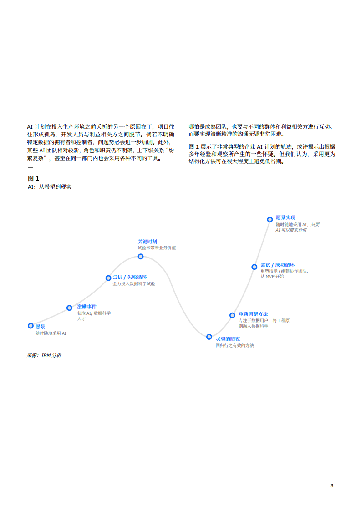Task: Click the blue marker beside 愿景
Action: pos(31,326)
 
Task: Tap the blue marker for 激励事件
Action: pos(69,308)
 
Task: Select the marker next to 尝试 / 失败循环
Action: pos(108,278)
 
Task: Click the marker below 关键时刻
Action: pos(141,257)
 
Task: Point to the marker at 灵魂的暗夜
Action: pos(209,337)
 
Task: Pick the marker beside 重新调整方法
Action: pos(232,315)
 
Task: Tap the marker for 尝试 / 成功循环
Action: pos(254,267)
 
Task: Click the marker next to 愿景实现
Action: pos(269,220)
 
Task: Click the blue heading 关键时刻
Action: pos(147,242)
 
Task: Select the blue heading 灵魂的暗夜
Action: pos(228,339)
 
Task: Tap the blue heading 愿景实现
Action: pos(285,218)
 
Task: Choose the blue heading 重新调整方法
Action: pos(253,314)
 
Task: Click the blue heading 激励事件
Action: pos(86,307)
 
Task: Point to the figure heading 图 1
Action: pos(33,178)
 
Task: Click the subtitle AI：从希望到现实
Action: pos(50,187)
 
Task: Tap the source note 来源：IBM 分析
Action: pos(44,355)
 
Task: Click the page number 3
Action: pos(332,485)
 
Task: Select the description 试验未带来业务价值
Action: pos(157,248)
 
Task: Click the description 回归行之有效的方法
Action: pos(234,346)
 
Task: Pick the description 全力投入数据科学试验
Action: pos(134,284)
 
